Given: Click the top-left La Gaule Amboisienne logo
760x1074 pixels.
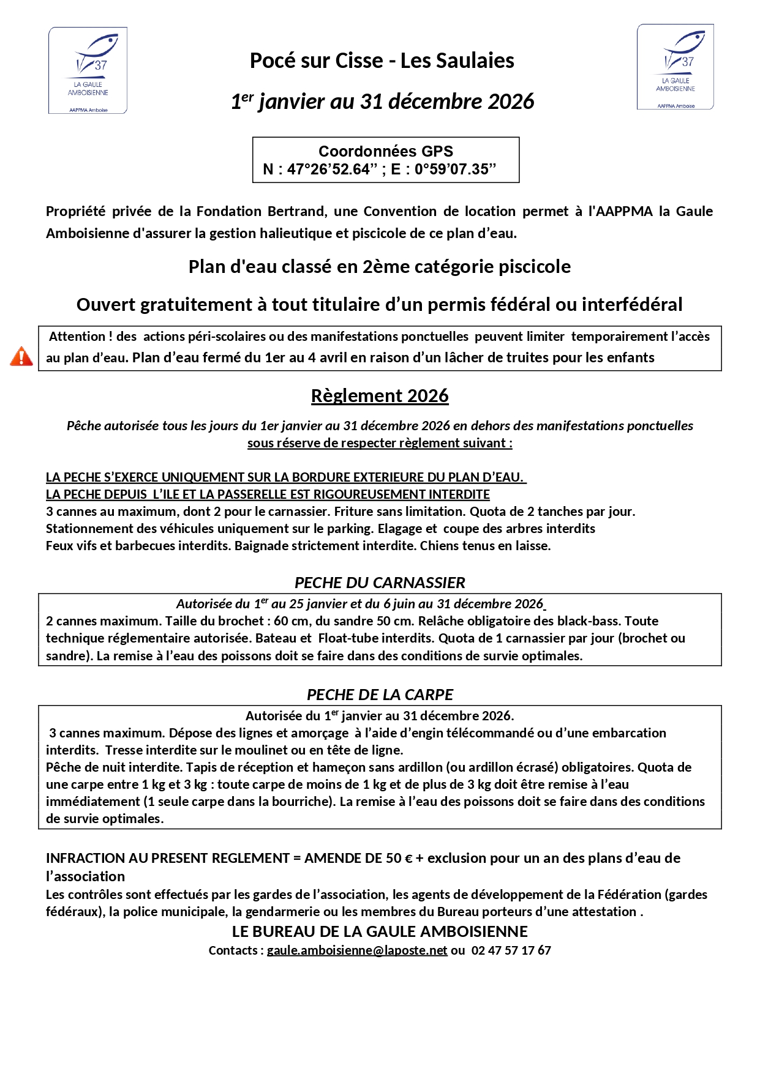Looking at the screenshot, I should (x=88, y=70).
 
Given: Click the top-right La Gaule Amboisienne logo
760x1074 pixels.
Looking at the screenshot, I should (x=675, y=67).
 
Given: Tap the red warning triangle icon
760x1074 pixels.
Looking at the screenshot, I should (x=21, y=356).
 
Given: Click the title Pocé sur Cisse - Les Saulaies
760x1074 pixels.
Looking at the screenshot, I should (x=382, y=61).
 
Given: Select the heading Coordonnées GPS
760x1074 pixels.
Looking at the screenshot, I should (x=385, y=151).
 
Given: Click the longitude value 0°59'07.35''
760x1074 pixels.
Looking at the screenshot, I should (x=455, y=170).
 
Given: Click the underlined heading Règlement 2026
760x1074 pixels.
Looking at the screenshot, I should (x=380, y=396).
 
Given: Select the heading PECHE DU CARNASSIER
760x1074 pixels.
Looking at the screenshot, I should (x=380, y=583).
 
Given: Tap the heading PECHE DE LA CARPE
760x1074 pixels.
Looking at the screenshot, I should (x=380, y=695).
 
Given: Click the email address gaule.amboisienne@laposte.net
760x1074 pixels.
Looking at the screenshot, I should (x=357, y=950).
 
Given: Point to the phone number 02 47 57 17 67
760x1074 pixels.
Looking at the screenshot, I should (x=511, y=950).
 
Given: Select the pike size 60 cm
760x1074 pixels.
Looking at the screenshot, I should (x=290, y=621).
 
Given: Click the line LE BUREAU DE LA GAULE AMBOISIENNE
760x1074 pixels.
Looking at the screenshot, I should (x=380, y=931).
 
